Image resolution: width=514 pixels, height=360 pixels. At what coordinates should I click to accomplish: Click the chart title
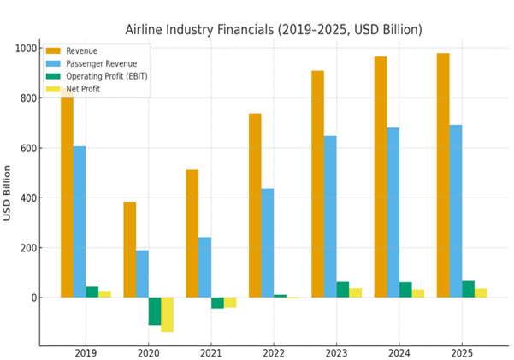click(x=274, y=30)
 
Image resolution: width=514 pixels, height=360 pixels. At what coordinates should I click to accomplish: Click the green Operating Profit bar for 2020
click(x=155, y=311)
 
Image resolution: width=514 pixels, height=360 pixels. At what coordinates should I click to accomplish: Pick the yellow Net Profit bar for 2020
click(x=168, y=315)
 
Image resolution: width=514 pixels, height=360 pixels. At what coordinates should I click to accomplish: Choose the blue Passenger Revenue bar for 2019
click(x=80, y=221)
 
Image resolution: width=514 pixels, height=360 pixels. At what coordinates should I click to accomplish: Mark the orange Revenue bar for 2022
click(x=255, y=205)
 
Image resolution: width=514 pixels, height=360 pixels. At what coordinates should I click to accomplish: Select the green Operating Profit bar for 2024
click(x=405, y=290)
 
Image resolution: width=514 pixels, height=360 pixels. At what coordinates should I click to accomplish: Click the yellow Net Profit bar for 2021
click(x=230, y=303)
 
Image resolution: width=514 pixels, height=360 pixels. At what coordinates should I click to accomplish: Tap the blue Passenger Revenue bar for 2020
click(x=142, y=274)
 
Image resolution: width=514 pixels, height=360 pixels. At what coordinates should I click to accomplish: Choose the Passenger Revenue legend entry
click(x=99, y=63)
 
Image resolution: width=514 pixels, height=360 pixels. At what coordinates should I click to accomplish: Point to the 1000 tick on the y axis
click(x=27, y=48)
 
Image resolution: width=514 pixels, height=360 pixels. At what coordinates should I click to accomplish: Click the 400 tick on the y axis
click(x=28, y=198)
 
